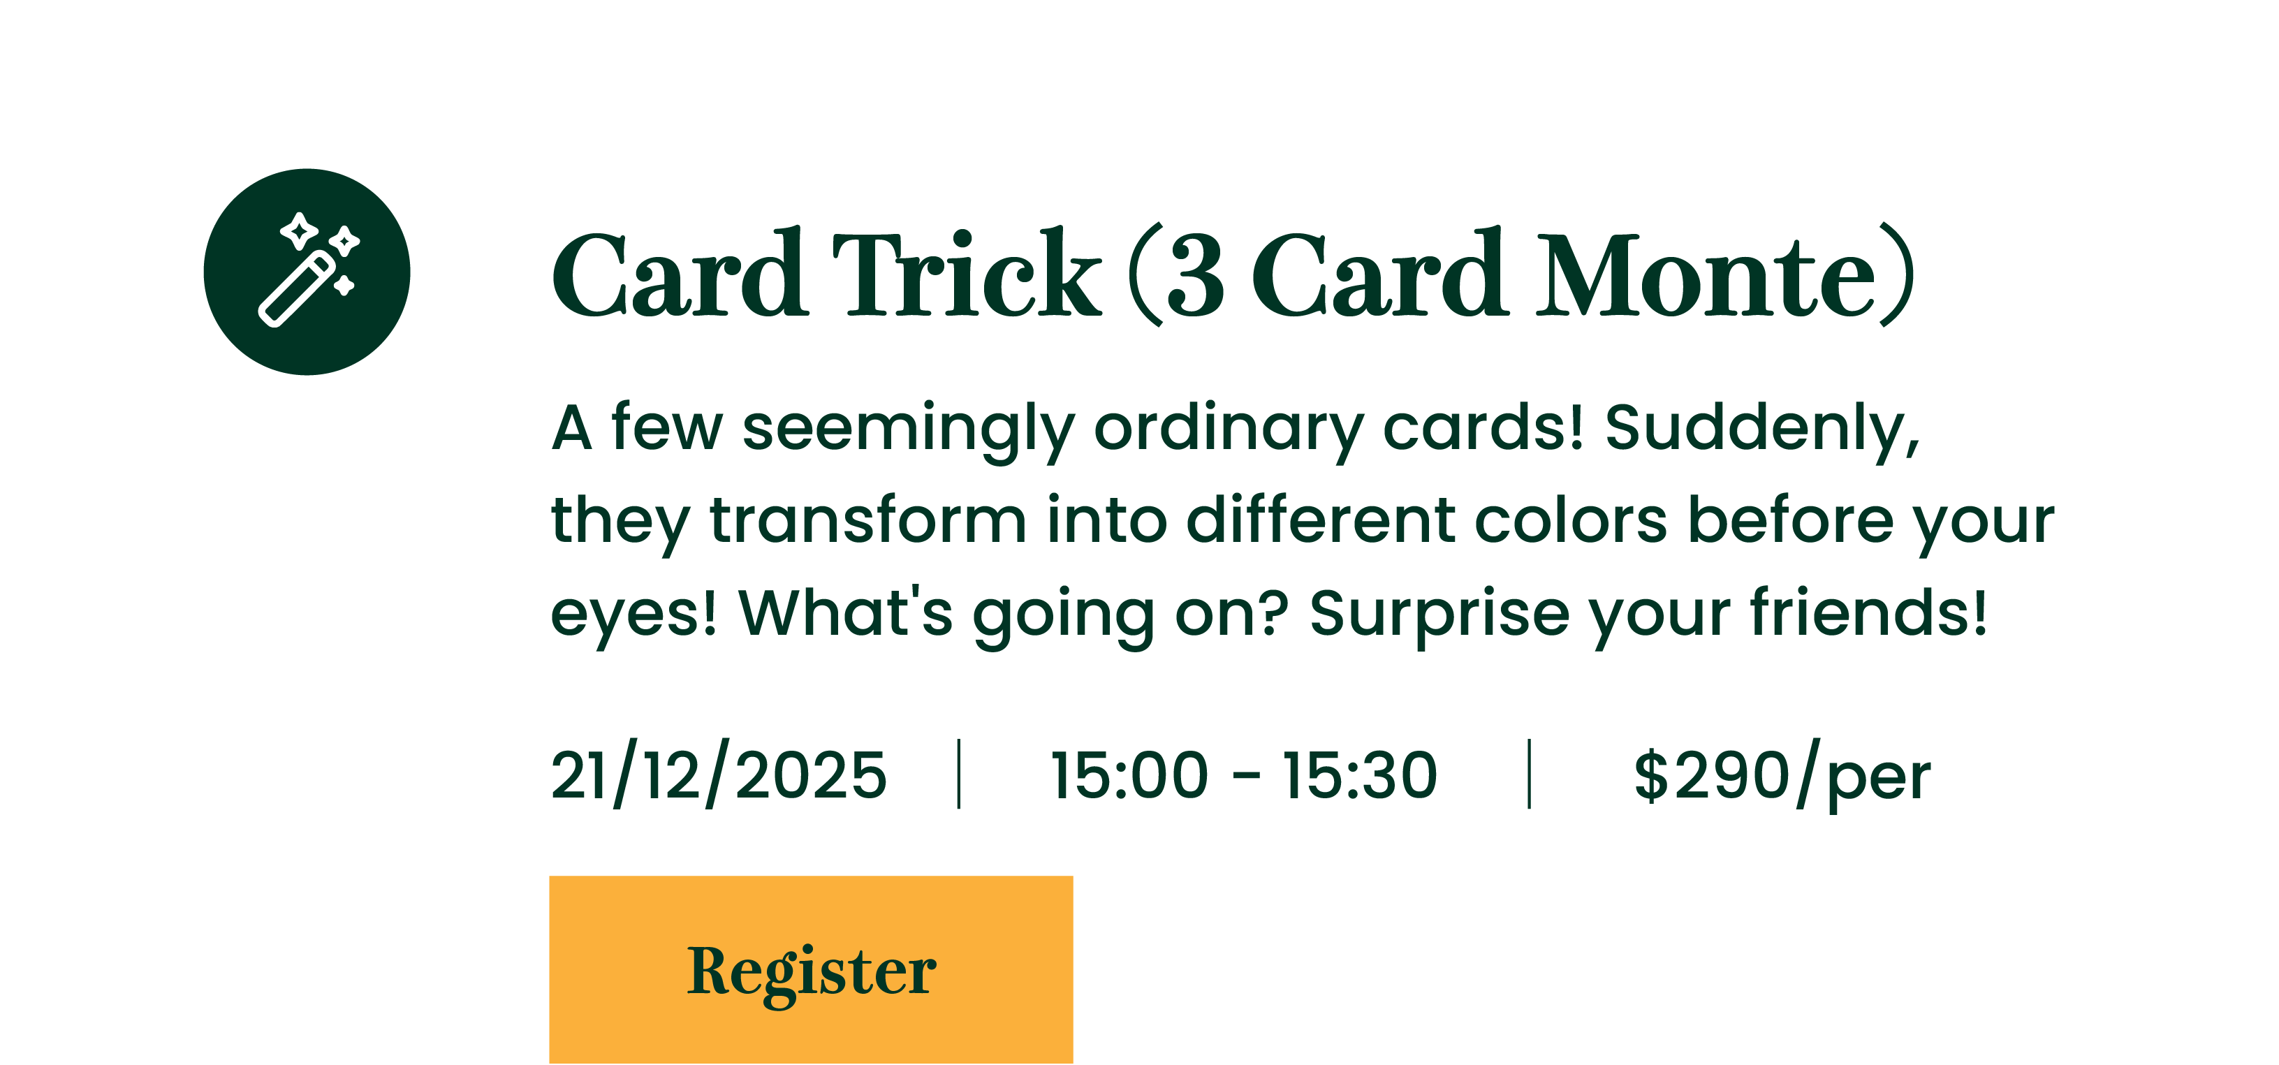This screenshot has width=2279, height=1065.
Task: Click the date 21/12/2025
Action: (x=719, y=774)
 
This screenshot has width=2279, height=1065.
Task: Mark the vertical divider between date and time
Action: (x=959, y=774)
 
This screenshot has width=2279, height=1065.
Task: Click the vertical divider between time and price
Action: (x=1529, y=774)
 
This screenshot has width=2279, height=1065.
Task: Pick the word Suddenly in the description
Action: (x=1764, y=430)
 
